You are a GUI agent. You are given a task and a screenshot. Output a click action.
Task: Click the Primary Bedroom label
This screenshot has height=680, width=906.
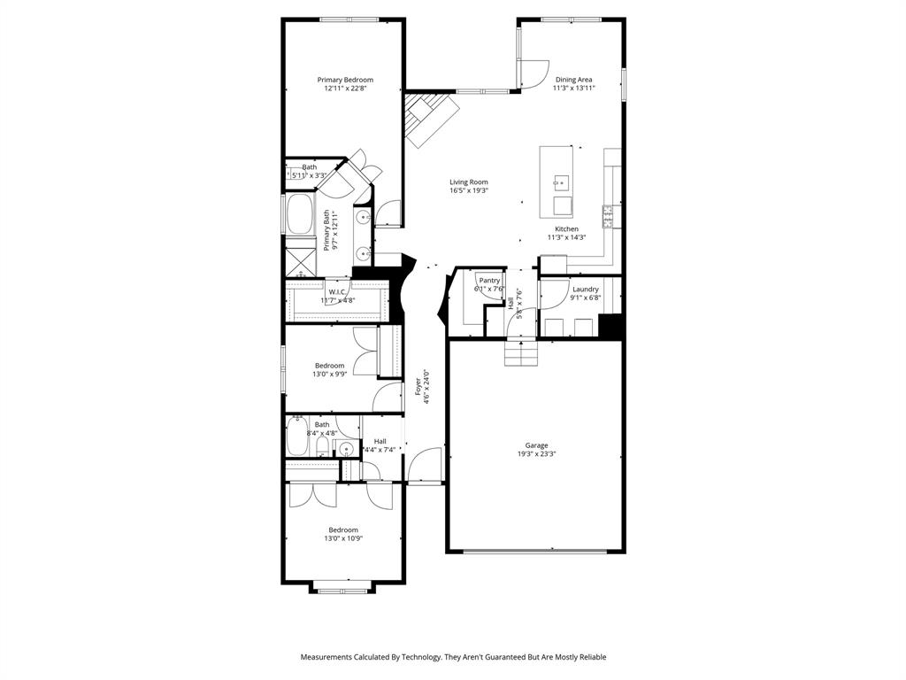tap(345, 80)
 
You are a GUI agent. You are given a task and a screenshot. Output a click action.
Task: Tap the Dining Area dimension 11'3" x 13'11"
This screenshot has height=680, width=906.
tap(573, 89)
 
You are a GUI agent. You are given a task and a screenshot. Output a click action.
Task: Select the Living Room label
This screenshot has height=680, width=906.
tap(468, 182)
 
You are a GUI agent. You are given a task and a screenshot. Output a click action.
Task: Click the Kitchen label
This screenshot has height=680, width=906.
tap(566, 229)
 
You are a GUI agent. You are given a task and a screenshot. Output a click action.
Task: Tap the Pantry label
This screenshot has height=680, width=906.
tap(489, 280)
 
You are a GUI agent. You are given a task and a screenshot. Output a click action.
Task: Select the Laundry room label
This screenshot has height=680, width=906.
tap(585, 290)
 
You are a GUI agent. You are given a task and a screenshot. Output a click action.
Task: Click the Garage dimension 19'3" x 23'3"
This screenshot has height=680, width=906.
tap(536, 454)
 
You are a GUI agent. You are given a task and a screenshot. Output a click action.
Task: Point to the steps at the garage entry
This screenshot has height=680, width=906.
tap(521, 354)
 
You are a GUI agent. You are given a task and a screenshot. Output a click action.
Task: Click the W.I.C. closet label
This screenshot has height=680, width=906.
tap(337, 291)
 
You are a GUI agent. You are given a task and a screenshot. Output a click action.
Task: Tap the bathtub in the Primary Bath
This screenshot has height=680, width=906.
tap(298, 214)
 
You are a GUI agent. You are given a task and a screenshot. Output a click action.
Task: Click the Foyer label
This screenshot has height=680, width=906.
tap(418, 387)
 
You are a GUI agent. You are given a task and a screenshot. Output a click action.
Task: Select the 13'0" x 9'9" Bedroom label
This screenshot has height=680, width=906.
tap(329, 366)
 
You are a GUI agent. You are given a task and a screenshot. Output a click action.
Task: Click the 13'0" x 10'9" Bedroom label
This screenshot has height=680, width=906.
tap(343, 529)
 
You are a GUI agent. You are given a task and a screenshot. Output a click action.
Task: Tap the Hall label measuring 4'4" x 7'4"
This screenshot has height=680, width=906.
tap(380, 441)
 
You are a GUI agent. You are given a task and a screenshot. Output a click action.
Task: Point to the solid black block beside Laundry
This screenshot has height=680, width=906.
tap(610, 326)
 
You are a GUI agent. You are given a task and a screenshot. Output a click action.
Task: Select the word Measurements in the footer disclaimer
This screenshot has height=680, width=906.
tap(329, 657)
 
